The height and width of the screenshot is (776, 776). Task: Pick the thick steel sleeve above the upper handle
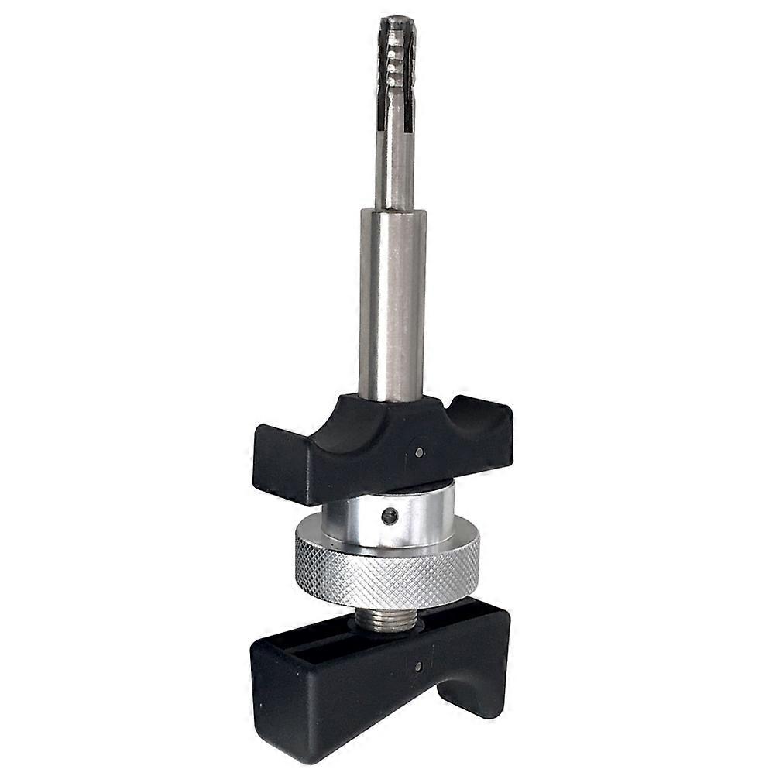point(392,302)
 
